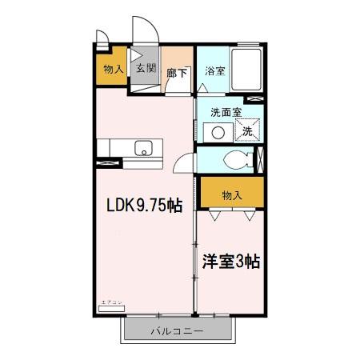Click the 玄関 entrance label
point(145,69)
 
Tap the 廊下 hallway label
point(177,73)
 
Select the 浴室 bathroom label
point(214,70)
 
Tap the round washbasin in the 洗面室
point(215,133)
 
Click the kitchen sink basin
point(144,148)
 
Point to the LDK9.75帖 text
point(145,205)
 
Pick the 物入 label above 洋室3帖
point(231,194)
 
